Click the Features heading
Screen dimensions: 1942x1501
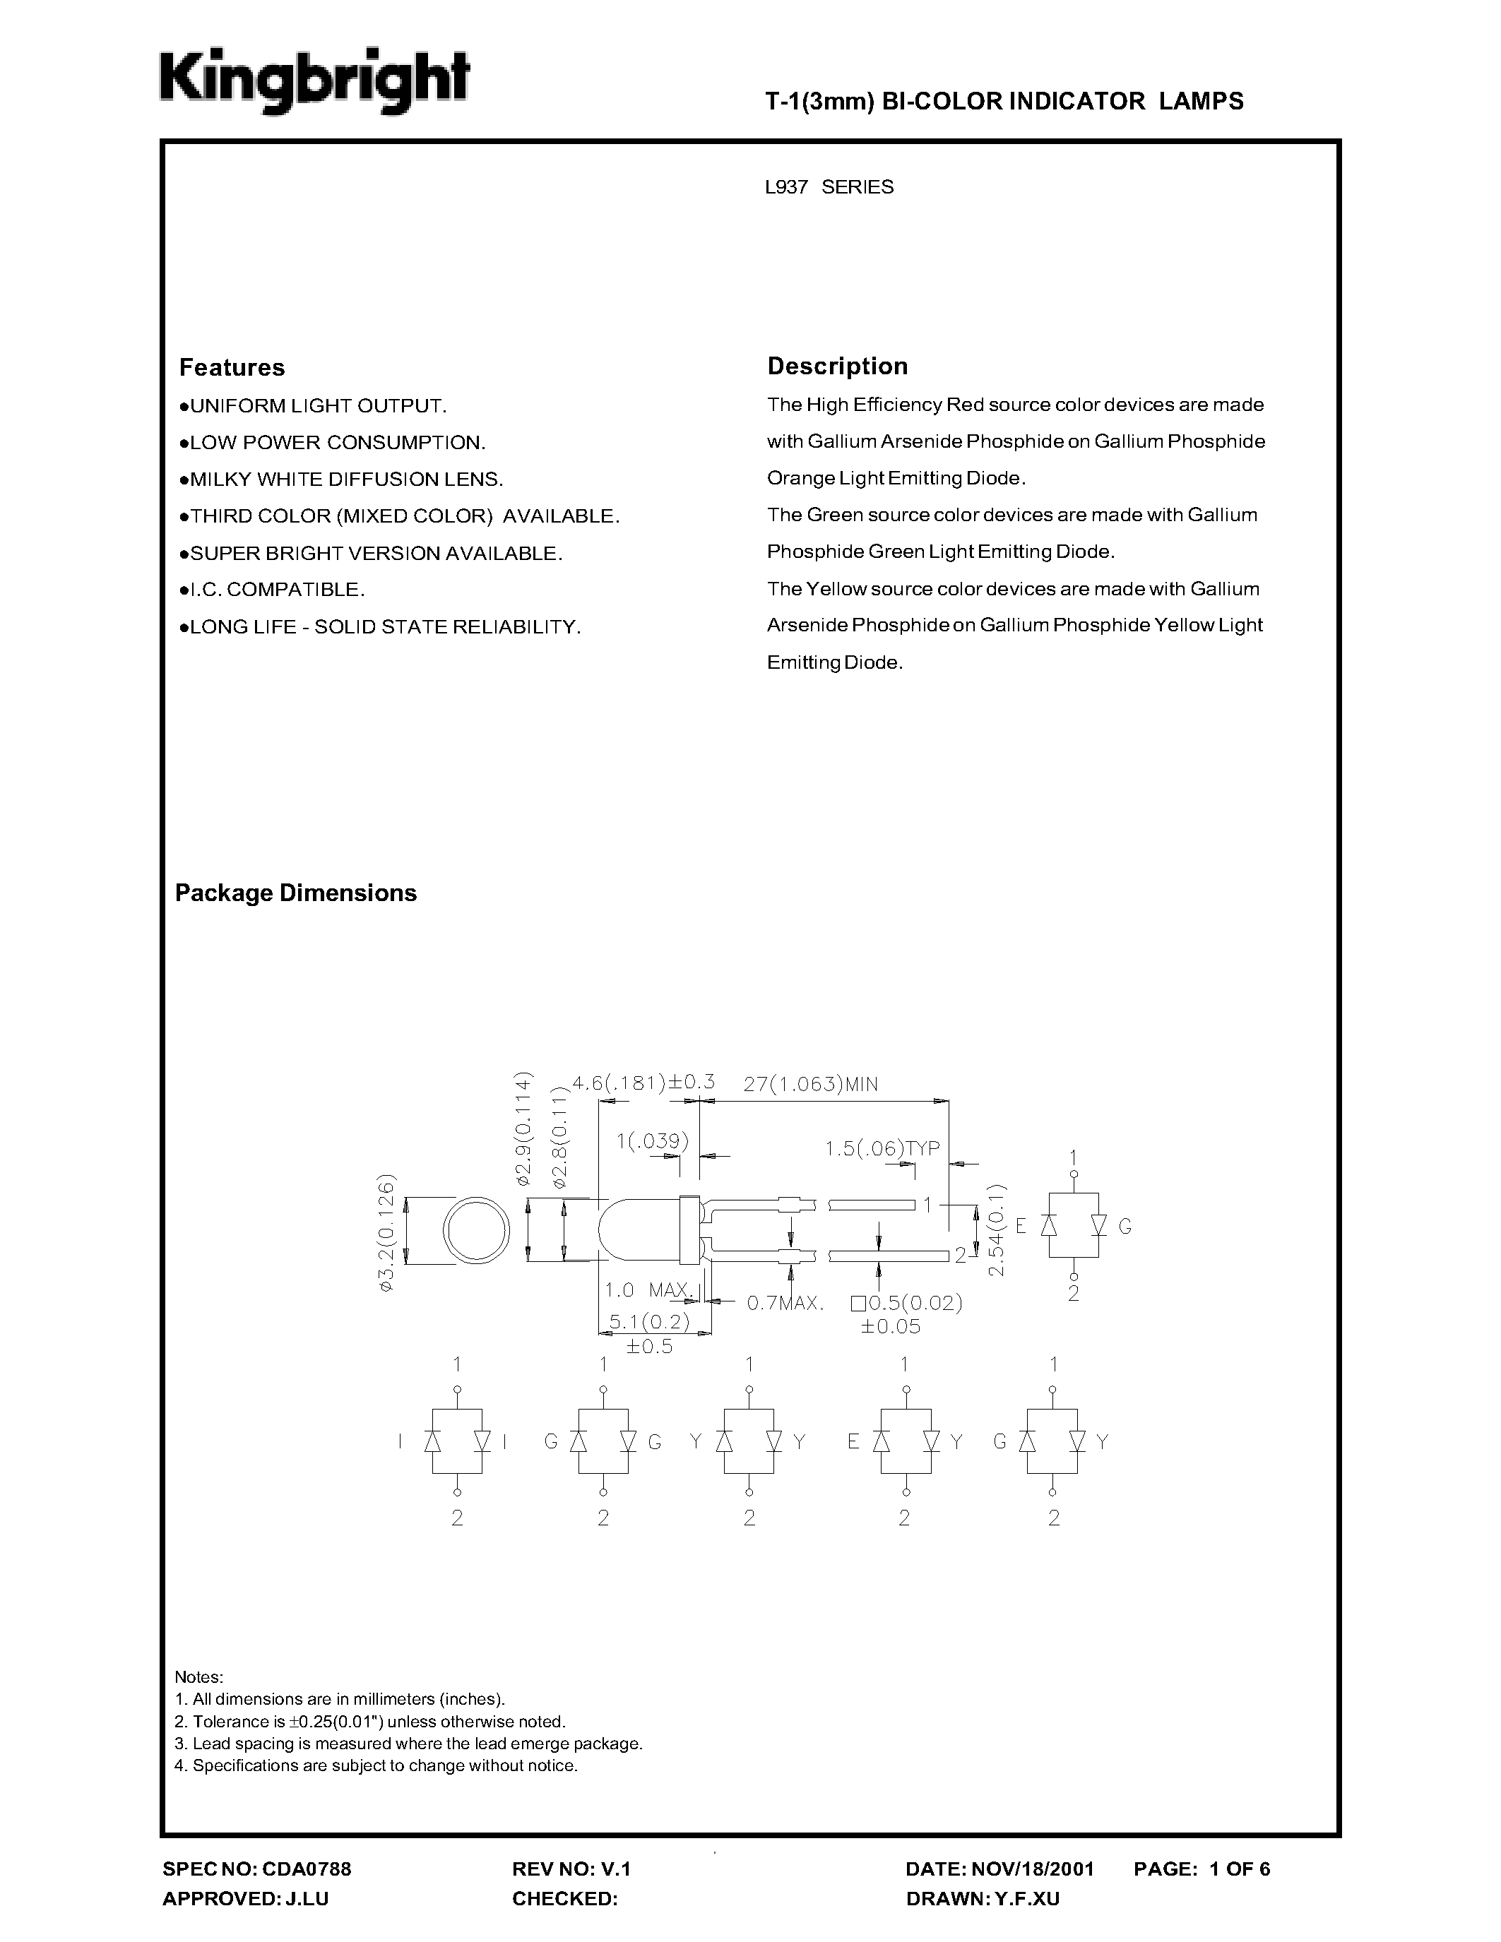coord(232,367)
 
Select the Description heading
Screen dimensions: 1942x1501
coord(837,367)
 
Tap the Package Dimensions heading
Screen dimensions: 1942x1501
coord(295,893)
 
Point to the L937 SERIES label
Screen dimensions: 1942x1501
coord(829,186)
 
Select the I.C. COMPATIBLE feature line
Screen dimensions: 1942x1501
coord(273,590)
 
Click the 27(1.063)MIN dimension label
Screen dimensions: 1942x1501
coord(810,1084)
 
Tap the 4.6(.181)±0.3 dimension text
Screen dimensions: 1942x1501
coord(643,1082)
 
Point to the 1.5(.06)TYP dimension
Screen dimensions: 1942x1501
coord(882,1148)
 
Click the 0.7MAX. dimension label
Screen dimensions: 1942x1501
coord(785,1304)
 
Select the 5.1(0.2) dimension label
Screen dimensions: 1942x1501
coord(649,1322)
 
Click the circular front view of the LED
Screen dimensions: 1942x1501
coord(476,1232)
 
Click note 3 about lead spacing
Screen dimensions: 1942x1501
coord(408,1744)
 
